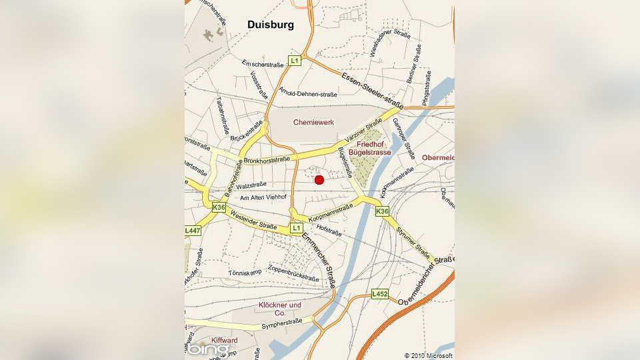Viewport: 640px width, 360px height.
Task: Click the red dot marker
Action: click(319, 179)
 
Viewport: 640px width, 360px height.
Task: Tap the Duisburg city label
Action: click(271, 25)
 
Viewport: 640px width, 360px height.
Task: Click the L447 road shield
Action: click(192, 231)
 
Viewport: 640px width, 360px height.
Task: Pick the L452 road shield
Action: click(380, 293)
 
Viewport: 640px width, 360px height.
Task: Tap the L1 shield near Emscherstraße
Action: click(295, 61)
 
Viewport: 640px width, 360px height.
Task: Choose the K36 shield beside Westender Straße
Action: click(219, 207)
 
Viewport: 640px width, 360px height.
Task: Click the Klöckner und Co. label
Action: click(279, 309)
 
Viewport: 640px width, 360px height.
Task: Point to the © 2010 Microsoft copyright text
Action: click(428, 355)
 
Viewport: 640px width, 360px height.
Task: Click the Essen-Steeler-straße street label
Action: click(371, 91)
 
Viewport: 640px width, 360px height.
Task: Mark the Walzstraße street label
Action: click(251, 185)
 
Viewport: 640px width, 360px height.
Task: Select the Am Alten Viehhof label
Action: click(263, 198)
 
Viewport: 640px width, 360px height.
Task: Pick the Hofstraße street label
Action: click(329, 230)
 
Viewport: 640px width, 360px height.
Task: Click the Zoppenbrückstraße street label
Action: click(293, 273)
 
